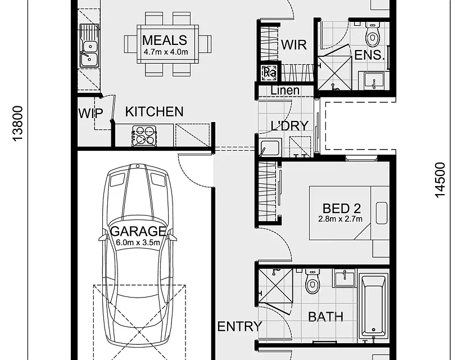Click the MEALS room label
click(x=165, y=40)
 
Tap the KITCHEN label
click(x=154, y=112)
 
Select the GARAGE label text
click(x=138, y=231)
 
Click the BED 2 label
click(x=342, y=208)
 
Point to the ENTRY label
click(x=239, y=327)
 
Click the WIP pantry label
click(x=90, y=113)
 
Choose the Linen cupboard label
click(x=285, y=90)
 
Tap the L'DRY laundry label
click(x=289, y=125)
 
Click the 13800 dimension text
click(x=18, y=123)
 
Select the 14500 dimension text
click(x=440, y=180)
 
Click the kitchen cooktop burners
click(x=144, y=136)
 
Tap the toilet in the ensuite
click(x=373, y=35)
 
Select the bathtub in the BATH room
click(x=373, y=306)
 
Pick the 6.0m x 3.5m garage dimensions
click(x=138, y=242)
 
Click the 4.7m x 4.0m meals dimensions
click(x=166, y=52)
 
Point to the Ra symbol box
click(x=269, y=73)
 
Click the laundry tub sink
click(x=270, y=147)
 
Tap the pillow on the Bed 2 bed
click(x=382, y=213)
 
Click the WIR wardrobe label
click(x=294, y=45)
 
